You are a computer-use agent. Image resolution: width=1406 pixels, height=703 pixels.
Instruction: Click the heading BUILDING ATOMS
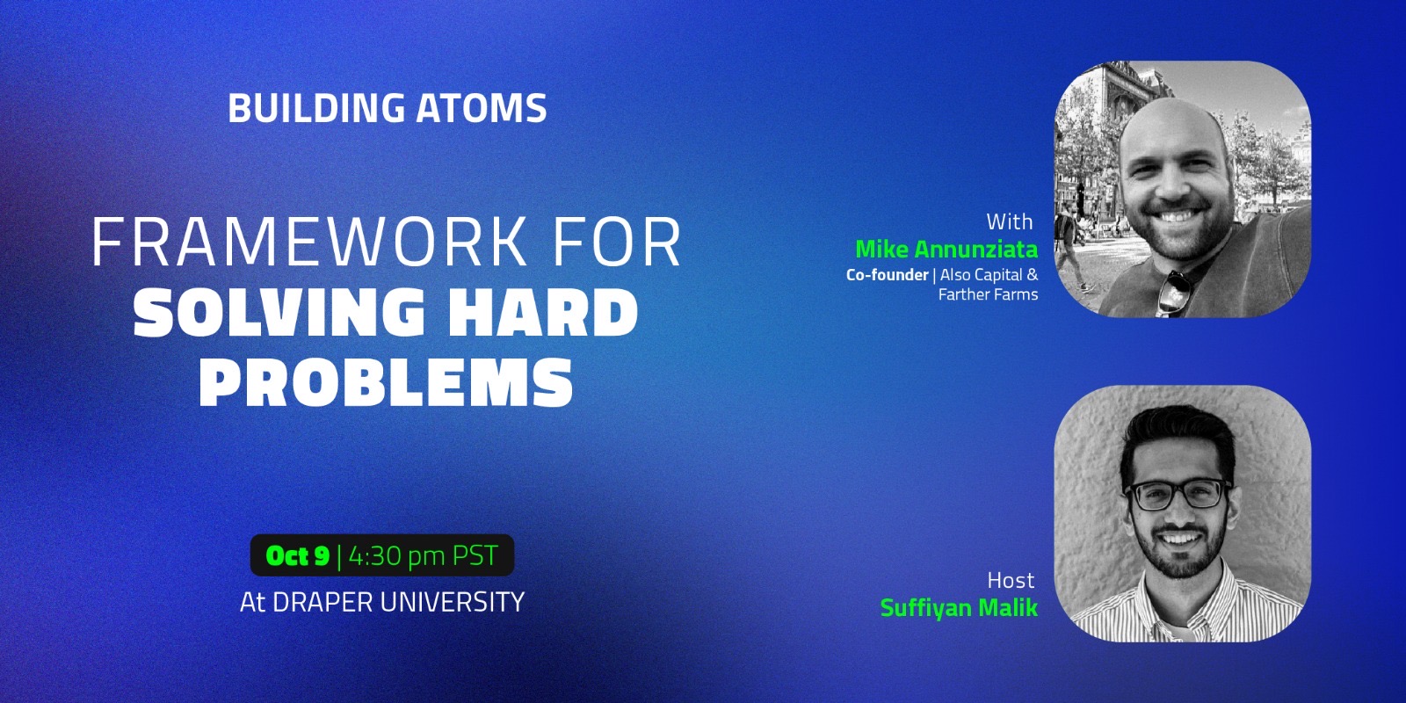tap(388, 108)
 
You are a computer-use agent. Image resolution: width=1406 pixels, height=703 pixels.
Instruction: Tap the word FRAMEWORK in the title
tap(309, 243)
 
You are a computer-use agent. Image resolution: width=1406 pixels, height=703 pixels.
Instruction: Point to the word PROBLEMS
tap(386, 382)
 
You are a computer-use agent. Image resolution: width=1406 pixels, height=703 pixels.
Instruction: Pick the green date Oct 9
tap(298, 555)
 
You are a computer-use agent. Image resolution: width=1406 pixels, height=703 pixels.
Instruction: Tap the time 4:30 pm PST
tap(423, 555)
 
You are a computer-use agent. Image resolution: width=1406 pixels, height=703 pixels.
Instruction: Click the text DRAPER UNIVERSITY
tap(399, 602)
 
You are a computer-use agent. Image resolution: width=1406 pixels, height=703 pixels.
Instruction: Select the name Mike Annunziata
tap(946, 250)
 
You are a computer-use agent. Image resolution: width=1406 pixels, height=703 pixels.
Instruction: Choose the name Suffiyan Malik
tap(959, 607)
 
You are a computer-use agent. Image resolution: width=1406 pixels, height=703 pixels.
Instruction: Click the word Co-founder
tap(887, 275)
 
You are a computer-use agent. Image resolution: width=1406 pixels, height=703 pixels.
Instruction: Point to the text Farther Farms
tap(988, 294)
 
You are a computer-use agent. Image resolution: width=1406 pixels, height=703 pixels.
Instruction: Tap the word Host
tap(1011, 580)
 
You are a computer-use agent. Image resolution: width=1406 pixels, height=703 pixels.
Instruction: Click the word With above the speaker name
tap(1010, 221)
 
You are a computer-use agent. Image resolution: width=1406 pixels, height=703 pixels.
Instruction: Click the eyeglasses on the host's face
tap(1178, 494)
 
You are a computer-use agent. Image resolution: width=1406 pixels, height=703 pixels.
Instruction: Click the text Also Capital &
tap(989, 275)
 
